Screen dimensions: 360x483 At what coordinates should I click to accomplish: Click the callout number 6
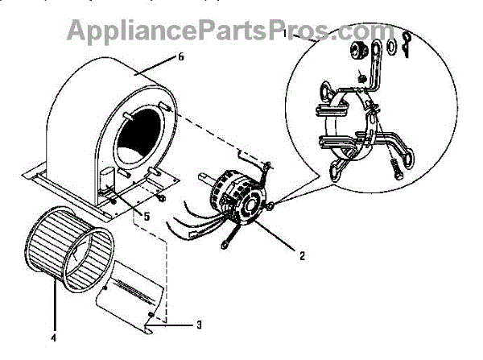(x=181, y=57)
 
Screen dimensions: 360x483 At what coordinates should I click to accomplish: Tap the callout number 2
(x=302, y=258)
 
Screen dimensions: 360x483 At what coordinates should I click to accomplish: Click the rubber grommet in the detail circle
(x=356, y=52)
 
